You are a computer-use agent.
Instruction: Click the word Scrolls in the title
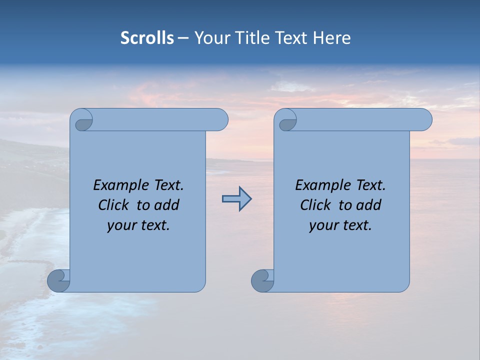pos(147,37)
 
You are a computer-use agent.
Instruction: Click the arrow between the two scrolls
pos(236,199)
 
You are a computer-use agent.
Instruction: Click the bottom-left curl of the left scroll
pos(58,280)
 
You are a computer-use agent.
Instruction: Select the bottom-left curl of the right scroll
pos(262,280)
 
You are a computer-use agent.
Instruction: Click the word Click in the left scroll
pos(113,205)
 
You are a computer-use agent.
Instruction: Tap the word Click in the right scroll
pos(315,205)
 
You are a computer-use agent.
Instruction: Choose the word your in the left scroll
pos(120,225)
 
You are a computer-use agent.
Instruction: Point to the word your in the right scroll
pos(322,225)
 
